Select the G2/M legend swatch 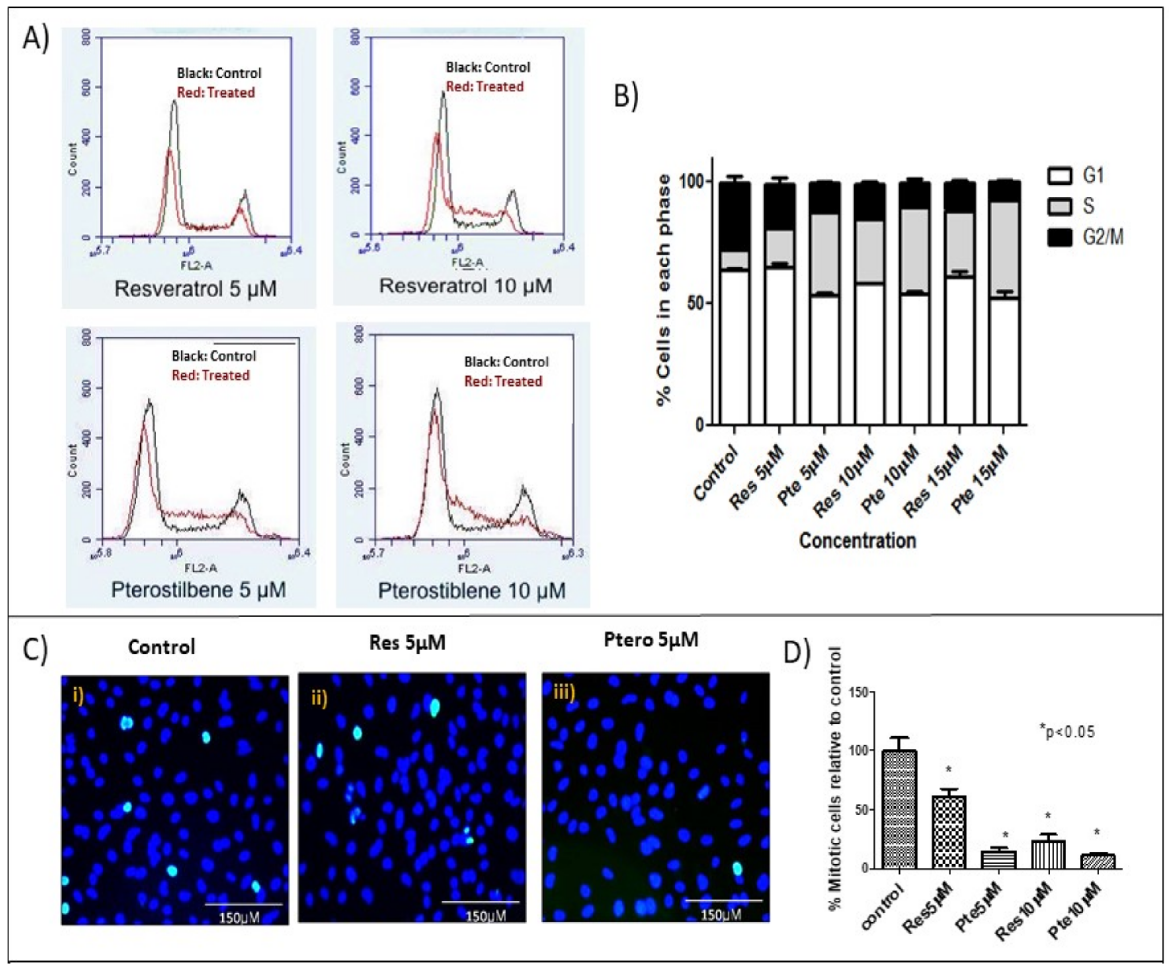coord(1059,238)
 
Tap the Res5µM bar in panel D coord(949,832)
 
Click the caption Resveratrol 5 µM coord(195,289)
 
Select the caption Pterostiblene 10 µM coord(472,591)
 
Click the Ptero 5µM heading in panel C coord(651,640)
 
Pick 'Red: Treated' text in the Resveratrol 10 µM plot coord(485,87)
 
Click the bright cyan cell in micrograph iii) coord(737,868)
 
